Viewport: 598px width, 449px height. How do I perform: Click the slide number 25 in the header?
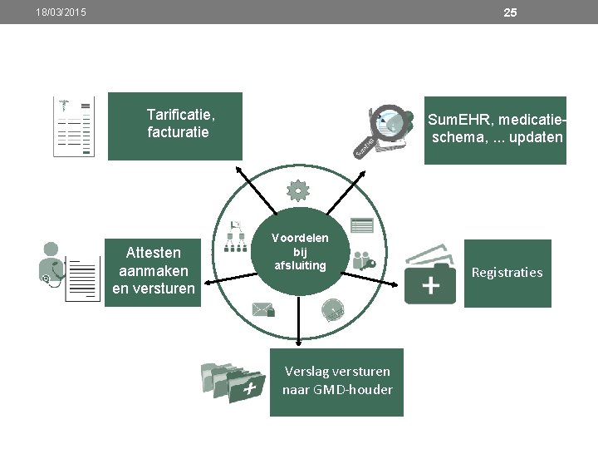click(510, 12)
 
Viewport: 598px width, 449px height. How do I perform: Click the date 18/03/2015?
click(61, 12)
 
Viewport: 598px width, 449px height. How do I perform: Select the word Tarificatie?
click(181, 114)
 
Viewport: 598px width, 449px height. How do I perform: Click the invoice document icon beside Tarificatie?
click(72, 126)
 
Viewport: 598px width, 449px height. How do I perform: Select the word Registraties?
click(507, 273)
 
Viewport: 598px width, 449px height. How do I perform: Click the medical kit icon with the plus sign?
click(430, 276)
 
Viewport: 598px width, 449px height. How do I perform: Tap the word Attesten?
click(153, 253)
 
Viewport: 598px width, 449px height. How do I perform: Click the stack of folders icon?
click(233, 382)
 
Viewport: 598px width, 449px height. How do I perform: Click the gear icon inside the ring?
click(297, 191)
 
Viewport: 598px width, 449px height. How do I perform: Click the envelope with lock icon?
click(263, 310)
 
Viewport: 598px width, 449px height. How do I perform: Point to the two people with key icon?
click(364, 259)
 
